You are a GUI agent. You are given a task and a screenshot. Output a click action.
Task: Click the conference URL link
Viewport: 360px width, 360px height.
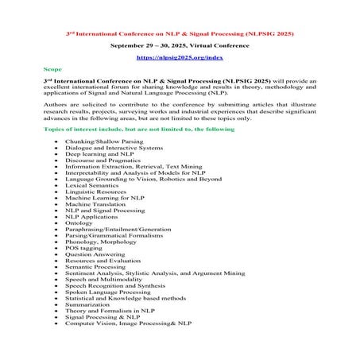tap(180, 58)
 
